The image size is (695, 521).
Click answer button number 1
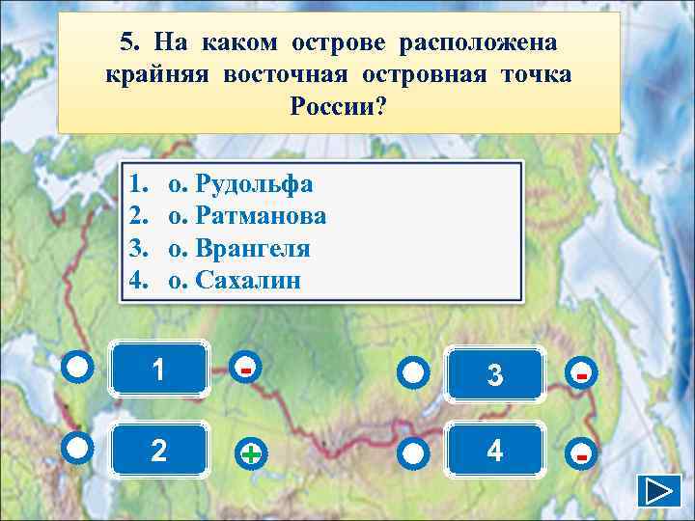pos(159,370)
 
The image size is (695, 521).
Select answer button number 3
pos(495,372)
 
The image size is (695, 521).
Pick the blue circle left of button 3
pos(413,372)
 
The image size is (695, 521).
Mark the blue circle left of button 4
pos(413,452)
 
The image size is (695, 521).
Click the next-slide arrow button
pos(659,490)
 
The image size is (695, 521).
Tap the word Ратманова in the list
pos(260,216)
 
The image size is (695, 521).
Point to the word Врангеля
pos(252,248)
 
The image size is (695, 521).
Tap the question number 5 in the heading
pos(127,42)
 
